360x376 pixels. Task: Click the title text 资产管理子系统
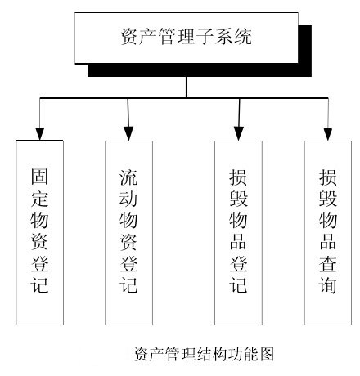click(x=186, y=36)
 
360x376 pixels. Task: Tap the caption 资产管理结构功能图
click(x=204, y=354)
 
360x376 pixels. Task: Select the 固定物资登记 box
click(x=40, y=233)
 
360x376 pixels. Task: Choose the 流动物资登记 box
click(x=128, y=233)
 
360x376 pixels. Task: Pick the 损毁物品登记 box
click(x=238, y=233)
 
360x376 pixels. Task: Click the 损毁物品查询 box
click(x=328, y=233)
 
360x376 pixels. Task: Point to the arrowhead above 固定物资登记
click(x=40, y=134)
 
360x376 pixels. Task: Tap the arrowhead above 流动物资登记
click(x=128, y=134)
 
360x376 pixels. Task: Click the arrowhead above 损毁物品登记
click(x=239, y=134)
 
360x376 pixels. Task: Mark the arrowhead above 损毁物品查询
click(x=328, y=134)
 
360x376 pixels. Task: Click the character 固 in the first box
click(x=39, y=176)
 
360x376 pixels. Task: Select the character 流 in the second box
click(x=128, y=177)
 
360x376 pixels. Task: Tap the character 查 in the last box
click(x=327, y=263)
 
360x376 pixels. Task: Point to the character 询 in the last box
click(x=327, y=285)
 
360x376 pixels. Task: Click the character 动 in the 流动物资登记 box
click(x=128, y=199)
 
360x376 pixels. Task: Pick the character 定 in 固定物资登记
click(x=39, y=198)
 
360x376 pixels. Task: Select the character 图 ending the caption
click(x=267, y=354)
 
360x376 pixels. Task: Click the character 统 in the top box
click(x=243, y=36)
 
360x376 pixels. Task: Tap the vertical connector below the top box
click(x=187, y=87)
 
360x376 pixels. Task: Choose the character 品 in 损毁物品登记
click(x=238, y=242)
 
